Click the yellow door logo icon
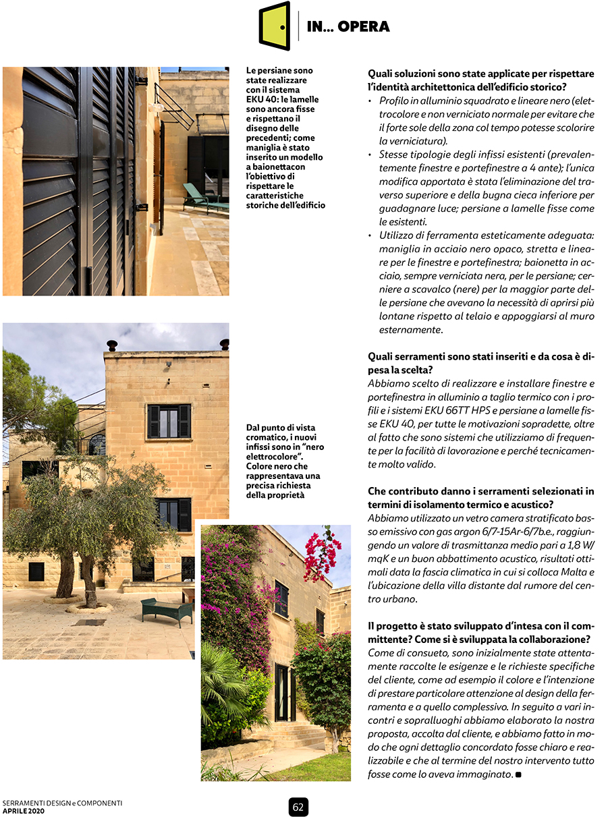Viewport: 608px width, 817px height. (x=275, y=26)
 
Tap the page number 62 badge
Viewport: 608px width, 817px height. (x=298, y=806)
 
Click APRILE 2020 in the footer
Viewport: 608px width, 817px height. (x=24, y=811)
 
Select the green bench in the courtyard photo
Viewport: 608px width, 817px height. (x=167, y=610)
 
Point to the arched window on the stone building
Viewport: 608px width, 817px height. (x=97, y=444)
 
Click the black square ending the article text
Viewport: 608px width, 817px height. (x=518, y=774)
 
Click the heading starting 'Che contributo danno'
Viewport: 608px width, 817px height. (x=480, y=498)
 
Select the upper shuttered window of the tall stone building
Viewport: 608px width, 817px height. (x=169, y=421)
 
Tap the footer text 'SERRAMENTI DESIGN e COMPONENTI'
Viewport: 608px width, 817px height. (x=62, y=803)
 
